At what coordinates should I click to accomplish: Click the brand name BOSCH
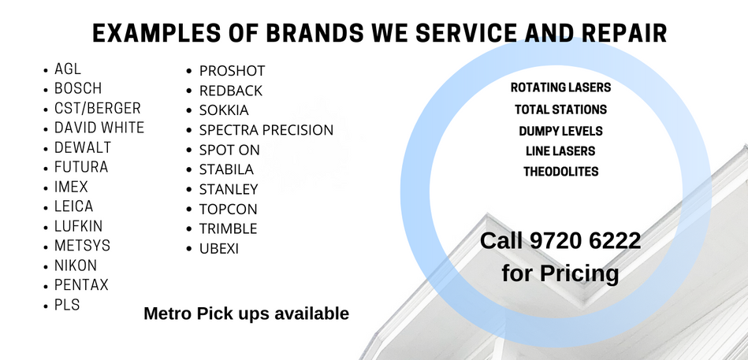(x=78, y=88)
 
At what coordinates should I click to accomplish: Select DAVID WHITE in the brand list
(x=99, y=128)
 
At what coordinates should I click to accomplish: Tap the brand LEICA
(x=73, y=206)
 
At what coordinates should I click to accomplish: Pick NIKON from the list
(x=76, y=265)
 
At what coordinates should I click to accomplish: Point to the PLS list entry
(x=67, y=305)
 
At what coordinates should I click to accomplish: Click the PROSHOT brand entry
(x=232, y=71)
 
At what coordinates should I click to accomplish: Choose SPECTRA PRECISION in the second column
(x=266, y=130)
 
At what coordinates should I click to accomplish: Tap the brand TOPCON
(x=228, y=210)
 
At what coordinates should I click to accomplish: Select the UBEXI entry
(x=219, y=249)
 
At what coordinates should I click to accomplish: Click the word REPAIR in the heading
(x=624, y=33)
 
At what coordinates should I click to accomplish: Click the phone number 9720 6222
(x=586, y=241)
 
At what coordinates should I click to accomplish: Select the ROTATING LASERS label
(x=560, y=87)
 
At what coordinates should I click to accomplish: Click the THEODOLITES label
(x=560, y=172)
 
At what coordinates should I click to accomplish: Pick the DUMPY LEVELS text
(x=560, y=131)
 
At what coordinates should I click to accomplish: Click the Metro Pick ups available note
(x=246, y=314)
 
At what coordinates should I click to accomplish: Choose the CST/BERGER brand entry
(x=97, y=108)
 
